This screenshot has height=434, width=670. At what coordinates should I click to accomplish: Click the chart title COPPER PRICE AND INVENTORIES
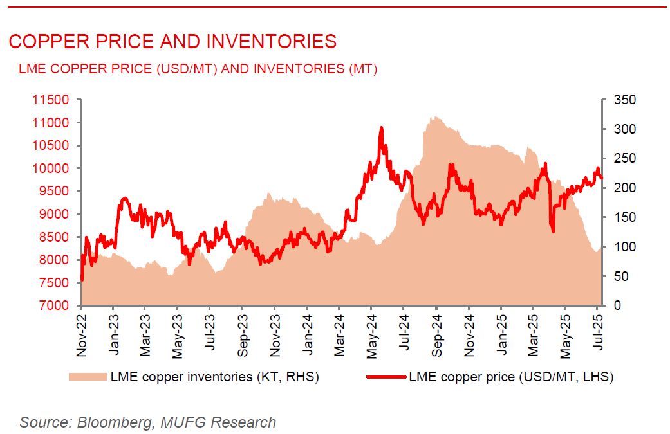pyautogui.click(x=172, y=42)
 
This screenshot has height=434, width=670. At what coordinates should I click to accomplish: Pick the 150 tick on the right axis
pyautogui.click(x=622, y=218)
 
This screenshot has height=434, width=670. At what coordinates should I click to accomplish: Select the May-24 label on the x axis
pyautogui.click(x=372, y=335)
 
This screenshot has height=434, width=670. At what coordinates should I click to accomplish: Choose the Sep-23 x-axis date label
pyautogui.click(x=243, y=335)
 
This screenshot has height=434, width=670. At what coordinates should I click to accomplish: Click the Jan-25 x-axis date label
pyautogui.click(x=501, y=335)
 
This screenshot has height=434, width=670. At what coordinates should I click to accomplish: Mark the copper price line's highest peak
pyautogui.click(x=381, y=128)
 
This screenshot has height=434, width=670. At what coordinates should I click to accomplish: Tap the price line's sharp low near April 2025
pyautogui.click(x=553, y=231)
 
